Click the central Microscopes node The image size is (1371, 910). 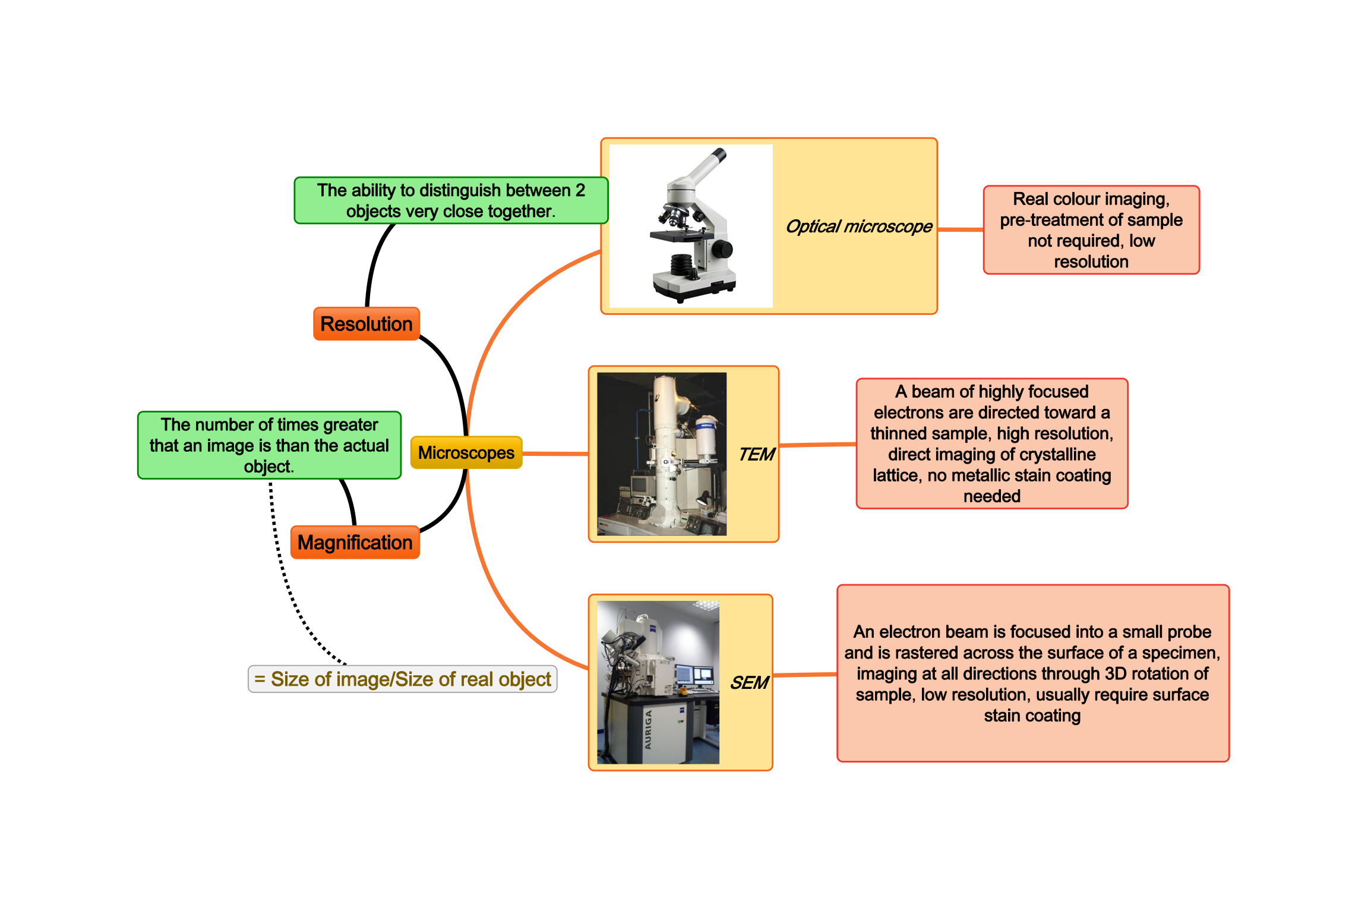click(466, 453)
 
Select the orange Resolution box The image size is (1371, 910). click(366, 324)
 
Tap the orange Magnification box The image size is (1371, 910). click(355, 543)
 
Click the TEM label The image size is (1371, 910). click(756, 455)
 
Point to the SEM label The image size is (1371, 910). click(749, 683)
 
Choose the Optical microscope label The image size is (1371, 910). click(858, 226)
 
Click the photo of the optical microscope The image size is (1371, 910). click(691, 226)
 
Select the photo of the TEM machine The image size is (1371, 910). click(661, 454)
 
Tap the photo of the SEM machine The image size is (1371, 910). click(658, 682)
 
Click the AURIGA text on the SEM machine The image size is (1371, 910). click(648, 730)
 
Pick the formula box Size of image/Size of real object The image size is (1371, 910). click(403, 679)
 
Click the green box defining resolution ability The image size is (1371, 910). click(451, 200)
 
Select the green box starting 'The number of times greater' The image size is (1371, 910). click(269, 445)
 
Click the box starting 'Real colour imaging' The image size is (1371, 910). click(1091, 230)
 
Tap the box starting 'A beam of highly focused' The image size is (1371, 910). click(991, 443)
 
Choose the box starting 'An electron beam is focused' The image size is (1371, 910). click(1032, 673)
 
